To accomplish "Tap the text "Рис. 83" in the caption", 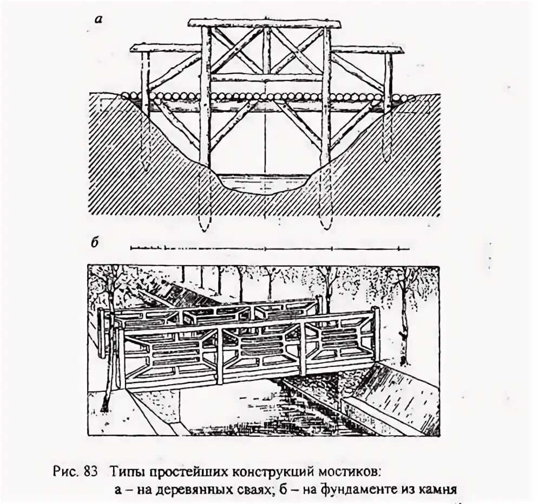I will point(75,469).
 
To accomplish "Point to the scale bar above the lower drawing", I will point(269,248).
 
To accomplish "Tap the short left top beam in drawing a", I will point(165,48).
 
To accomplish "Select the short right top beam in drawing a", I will point(368,50).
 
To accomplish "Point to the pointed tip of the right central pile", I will point(325,225).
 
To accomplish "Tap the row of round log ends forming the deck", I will point(265,96).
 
